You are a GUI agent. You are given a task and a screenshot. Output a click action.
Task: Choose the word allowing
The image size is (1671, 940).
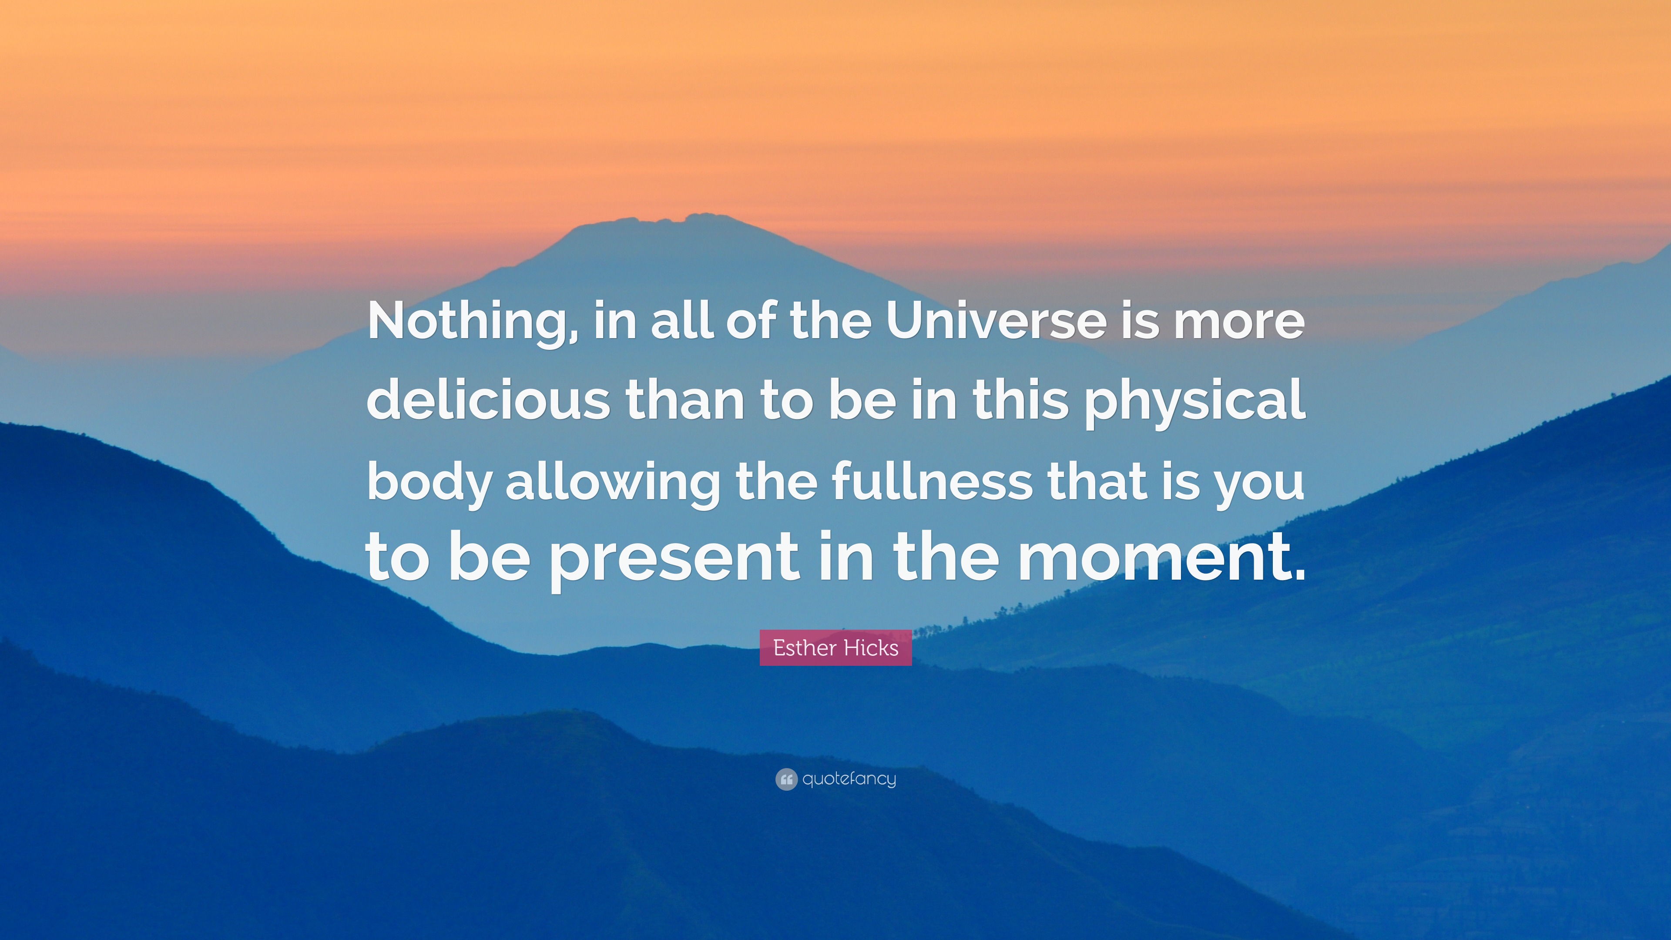tap(613, 484)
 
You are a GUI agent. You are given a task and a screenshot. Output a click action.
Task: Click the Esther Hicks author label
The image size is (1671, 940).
tap(835, 648)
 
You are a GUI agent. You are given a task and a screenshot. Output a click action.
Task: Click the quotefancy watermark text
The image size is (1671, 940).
tap(849, 779)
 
